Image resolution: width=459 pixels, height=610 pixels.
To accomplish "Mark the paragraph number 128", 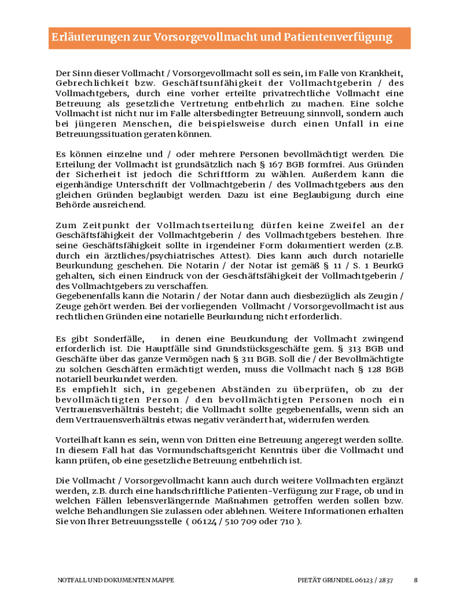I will tap(367, 368).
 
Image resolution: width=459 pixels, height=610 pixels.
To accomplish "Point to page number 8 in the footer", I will tap(415, 580).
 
